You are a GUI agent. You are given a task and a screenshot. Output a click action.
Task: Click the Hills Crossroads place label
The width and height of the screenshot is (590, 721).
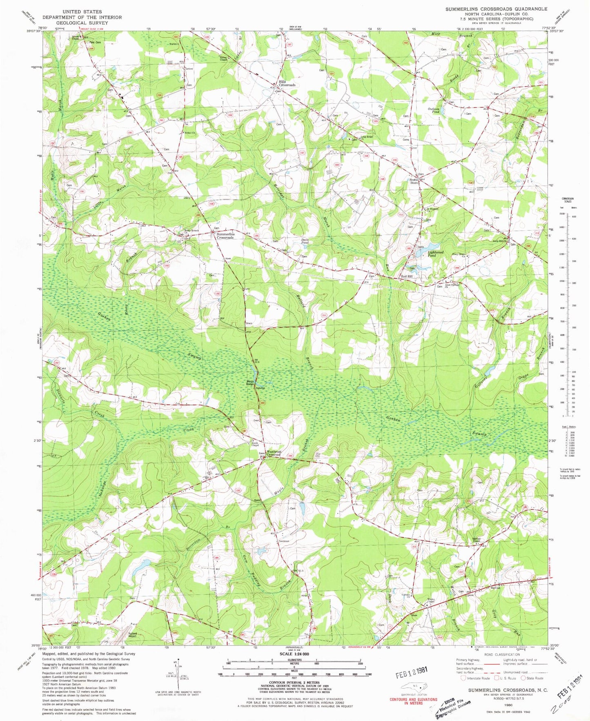pos(287,83)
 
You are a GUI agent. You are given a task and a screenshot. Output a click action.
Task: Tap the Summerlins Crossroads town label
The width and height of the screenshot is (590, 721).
pos(225,236)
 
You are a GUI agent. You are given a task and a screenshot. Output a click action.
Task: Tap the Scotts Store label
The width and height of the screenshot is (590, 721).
pos(414,181)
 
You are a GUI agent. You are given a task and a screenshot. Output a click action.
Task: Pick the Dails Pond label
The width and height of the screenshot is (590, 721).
pos(305,241)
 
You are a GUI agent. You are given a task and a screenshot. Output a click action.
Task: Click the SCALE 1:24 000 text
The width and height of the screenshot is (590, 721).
pos(294,654)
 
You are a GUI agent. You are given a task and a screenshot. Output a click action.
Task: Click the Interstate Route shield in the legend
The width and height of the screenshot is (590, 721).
pos(463,678)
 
